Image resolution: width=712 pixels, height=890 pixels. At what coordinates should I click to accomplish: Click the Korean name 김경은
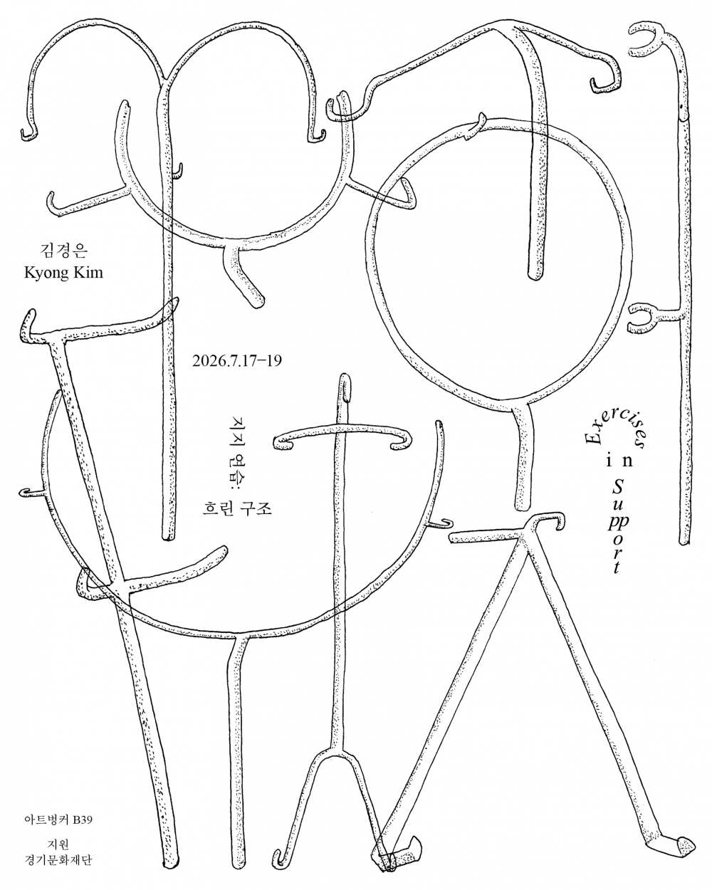(63, 251)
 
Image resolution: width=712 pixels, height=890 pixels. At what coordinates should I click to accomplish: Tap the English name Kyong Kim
(63, 273)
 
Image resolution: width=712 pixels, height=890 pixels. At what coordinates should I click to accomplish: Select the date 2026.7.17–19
(237, 361)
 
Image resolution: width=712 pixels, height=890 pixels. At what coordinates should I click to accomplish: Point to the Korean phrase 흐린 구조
(237, 508)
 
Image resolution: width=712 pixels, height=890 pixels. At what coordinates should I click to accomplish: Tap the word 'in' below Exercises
(619, 460)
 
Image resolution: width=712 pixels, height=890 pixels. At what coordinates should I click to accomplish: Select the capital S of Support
(618, 487)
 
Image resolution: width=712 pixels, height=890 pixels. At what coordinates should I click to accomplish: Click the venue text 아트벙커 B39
(58, 820)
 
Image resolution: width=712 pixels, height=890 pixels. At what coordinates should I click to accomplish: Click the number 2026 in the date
(209, 361)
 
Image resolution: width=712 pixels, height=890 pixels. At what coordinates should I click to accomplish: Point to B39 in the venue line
(83, 820)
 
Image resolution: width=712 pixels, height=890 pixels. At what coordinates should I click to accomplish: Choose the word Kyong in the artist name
(46, 273)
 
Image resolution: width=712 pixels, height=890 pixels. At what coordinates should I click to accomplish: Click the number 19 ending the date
(274, 361)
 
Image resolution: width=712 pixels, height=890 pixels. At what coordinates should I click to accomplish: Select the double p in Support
(618, 520)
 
